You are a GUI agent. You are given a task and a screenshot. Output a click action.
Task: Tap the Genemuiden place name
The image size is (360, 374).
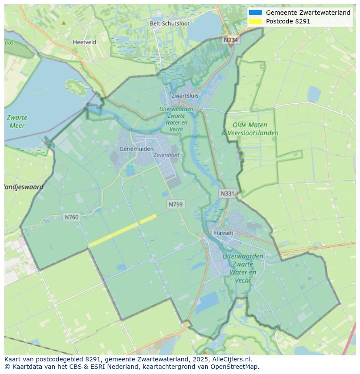coord(136,149)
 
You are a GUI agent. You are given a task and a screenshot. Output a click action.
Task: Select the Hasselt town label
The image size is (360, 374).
coord(223,233)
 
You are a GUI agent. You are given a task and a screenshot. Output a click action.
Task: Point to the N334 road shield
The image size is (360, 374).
coord(231,40)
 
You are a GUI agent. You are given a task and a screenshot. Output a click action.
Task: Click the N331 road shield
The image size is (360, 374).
coord(227,194)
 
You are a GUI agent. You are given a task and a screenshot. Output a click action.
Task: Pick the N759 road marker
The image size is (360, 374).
coord(176,204)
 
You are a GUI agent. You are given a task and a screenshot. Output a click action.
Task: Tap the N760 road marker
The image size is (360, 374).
coord(71,217)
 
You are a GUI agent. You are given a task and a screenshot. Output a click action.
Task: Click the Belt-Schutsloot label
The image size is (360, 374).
coord(170,23)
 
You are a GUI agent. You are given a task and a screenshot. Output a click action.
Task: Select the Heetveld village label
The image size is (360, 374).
coord(84,42)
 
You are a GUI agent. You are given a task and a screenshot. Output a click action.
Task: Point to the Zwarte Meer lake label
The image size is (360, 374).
coord(17,122)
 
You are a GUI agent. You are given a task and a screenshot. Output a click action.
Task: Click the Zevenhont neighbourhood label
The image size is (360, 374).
coord(166,155)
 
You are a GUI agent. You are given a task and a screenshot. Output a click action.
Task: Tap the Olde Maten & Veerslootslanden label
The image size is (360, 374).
coord(250,129)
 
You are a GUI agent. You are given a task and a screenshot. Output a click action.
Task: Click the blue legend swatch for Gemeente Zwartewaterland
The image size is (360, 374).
coord(256,13)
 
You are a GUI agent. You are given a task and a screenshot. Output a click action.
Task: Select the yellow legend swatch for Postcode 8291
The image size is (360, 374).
coord(256,21)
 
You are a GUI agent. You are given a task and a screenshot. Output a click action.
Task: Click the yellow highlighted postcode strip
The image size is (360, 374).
coord(122,231)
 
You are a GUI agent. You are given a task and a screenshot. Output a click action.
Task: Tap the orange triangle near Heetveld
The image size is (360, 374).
coord(64,23)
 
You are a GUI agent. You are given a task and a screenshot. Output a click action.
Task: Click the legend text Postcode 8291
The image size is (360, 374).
coord(288,21)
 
